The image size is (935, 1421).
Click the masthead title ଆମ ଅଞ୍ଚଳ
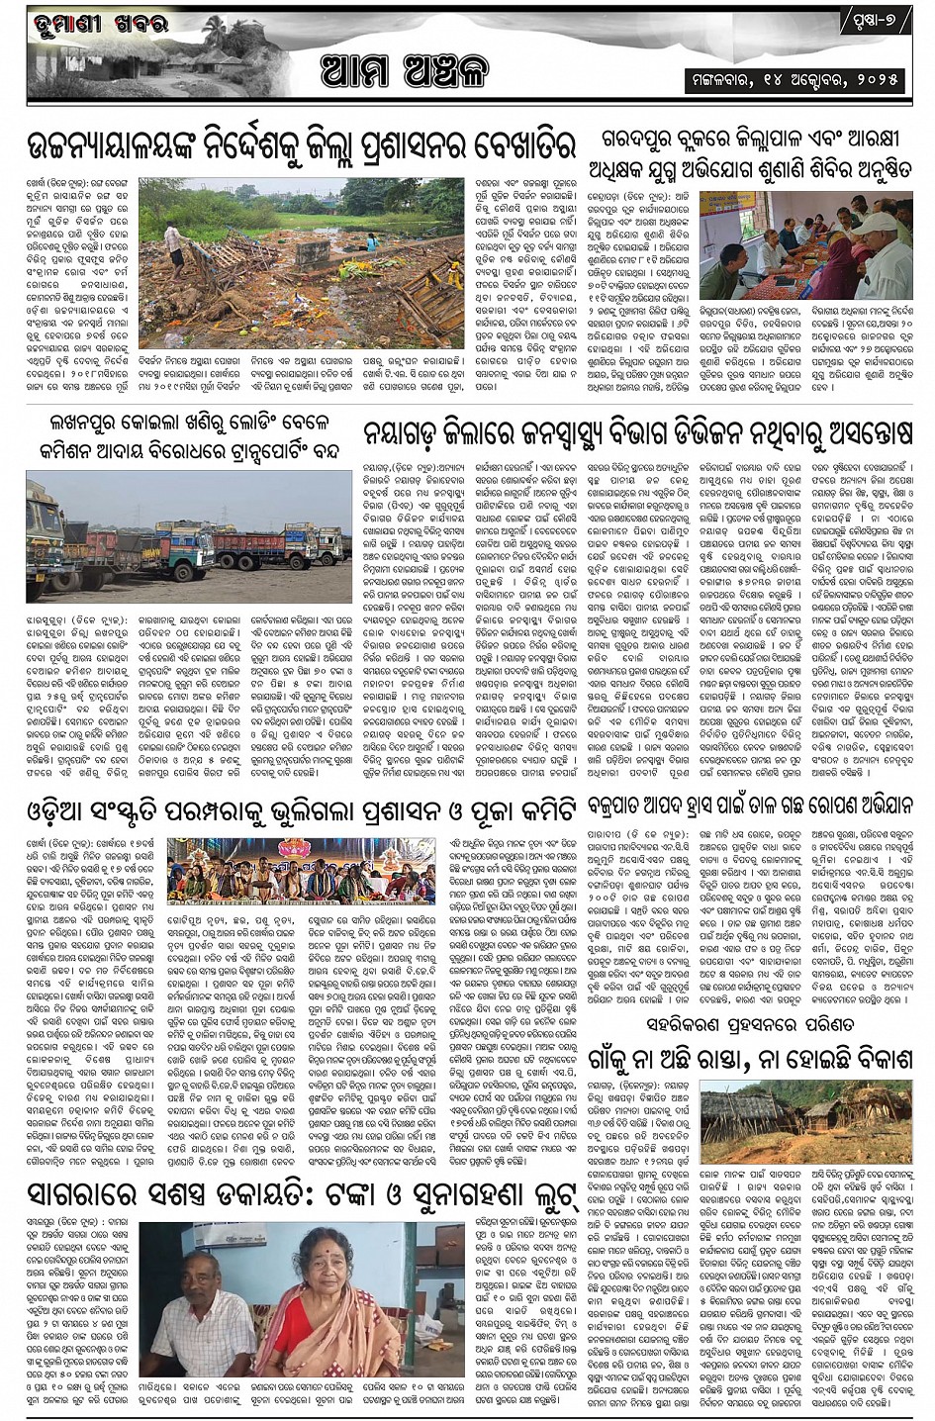pyautogui.click(x=404, y=70)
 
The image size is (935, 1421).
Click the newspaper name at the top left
pyautogui.click(x=88, y=22)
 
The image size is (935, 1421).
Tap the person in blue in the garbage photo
pyautogui.click(x=372, y=241)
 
